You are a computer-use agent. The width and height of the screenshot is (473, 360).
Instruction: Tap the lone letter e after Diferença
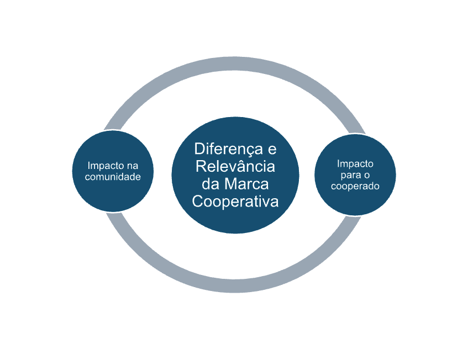[x=272, y=149]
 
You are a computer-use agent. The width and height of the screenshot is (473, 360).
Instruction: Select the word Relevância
[x=235, y=167]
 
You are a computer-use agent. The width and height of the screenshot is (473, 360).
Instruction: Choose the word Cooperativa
[x=235, y=202]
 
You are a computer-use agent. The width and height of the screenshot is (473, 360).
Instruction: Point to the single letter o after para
[x=366, y=175]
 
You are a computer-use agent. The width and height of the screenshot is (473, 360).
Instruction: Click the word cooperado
[x=355, y=186]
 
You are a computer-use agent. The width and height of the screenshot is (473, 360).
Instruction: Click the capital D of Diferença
[x=198, y=149]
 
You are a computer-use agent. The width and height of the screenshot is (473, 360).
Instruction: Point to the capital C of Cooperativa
[x=197, y=202]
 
